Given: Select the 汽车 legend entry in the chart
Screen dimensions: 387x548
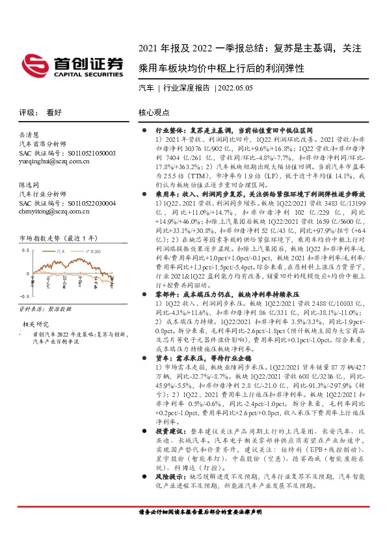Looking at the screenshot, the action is [63, 250].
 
